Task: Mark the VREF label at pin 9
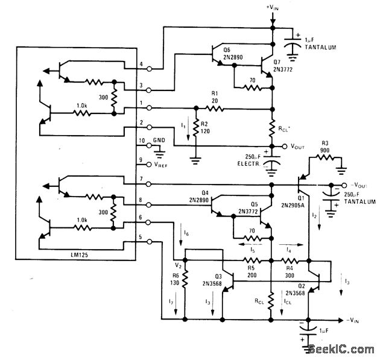pos(162,162)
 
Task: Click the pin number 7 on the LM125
pos(141,179)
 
